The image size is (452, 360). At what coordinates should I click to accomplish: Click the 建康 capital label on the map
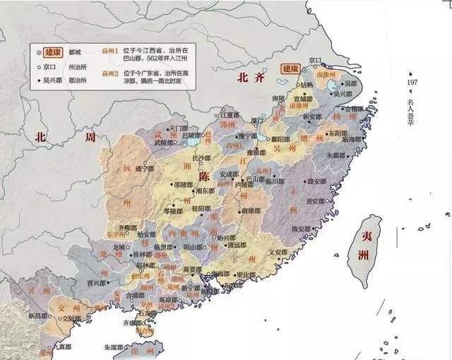coord(291,68)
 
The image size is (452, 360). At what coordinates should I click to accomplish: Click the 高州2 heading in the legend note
coord(109,73)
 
